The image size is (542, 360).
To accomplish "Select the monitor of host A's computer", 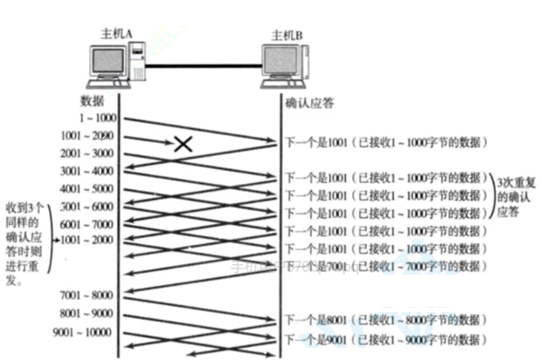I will (x=105, y=65).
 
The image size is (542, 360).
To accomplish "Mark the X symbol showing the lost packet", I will (x=182, y=144).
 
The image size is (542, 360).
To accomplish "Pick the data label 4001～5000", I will (x=89, y=188).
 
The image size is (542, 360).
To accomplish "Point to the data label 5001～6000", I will (x=89, y=207).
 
